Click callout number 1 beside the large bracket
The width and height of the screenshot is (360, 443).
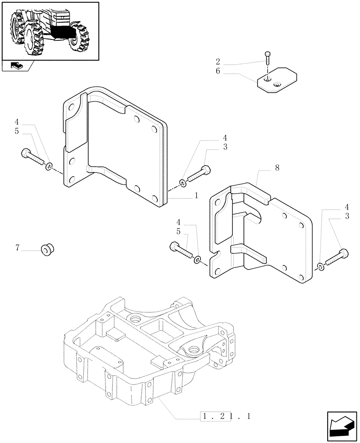[x=196, y=195]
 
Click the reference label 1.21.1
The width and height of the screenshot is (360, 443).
[x=227, y=416]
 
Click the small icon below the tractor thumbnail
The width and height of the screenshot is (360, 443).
[x=16, y=66]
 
